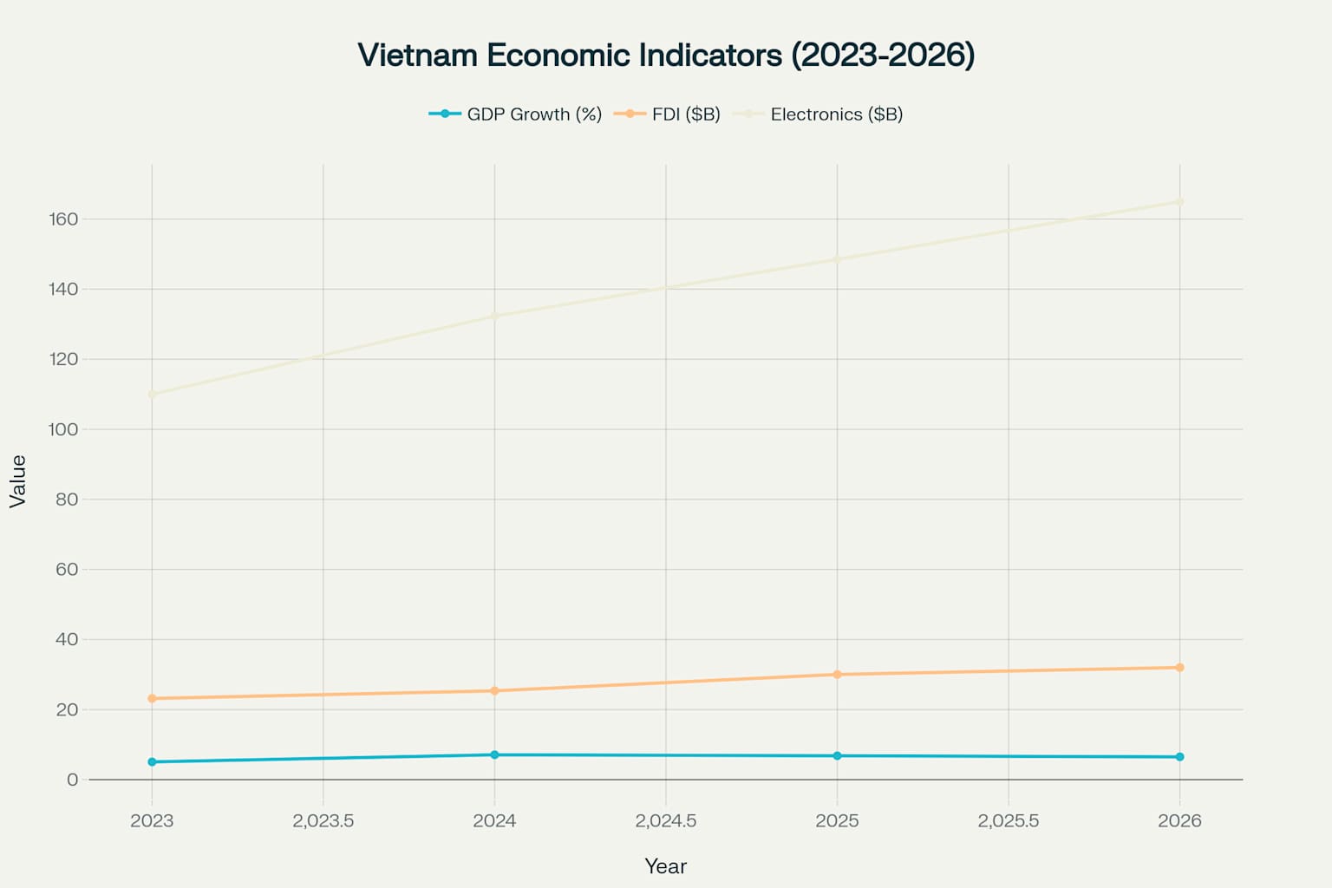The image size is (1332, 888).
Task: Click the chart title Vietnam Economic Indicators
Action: point(666,55)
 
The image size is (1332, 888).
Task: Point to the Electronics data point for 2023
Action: point(152,395)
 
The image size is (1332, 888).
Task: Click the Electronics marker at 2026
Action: point(1179,202)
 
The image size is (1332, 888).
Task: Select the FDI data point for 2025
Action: point(837,675)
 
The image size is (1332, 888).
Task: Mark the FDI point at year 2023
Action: point(152,698)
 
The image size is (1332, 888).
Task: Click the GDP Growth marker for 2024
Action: point(494,754)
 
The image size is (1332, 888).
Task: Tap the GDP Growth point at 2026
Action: point(1179,757)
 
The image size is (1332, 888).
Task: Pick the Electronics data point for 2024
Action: point(494,316)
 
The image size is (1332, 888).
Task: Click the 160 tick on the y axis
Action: point(63,219)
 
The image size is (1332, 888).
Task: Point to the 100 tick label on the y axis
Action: point(63,429)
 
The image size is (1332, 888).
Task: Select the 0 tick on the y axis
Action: point(72,780)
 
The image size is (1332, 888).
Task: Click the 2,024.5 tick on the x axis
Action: point(665,820)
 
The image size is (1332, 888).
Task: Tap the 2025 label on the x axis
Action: point(837,820)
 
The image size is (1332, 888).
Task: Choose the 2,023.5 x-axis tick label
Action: point(323,820)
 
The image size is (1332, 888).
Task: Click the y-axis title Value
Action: point(18,481)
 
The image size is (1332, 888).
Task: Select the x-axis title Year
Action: point(665,866)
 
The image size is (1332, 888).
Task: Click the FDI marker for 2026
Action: point(1179,668)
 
